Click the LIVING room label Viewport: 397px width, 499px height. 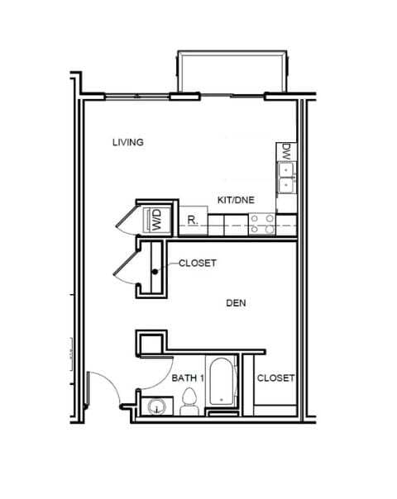click(x=128, y=142)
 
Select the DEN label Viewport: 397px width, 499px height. click(x=237, y=303)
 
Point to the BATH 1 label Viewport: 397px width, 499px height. click(x=188, y=378)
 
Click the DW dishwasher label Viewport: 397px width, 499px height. click(x=286, y=152)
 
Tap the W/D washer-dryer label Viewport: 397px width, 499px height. click(x=155, y=219)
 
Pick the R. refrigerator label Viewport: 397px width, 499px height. click(x=191, y=221)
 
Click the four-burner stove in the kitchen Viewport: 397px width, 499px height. click(x=263, y=221)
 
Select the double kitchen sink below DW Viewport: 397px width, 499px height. click(x=286, y=178)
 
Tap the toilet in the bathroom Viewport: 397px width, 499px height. click(x=188, y=404)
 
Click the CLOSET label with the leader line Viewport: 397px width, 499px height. click(x=198, y=264)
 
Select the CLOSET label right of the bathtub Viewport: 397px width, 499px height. click(x=275, y=378)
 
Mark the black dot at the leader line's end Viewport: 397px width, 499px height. click(x=155, y=271)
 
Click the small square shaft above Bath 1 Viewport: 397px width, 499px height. click(x=151, y=342)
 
